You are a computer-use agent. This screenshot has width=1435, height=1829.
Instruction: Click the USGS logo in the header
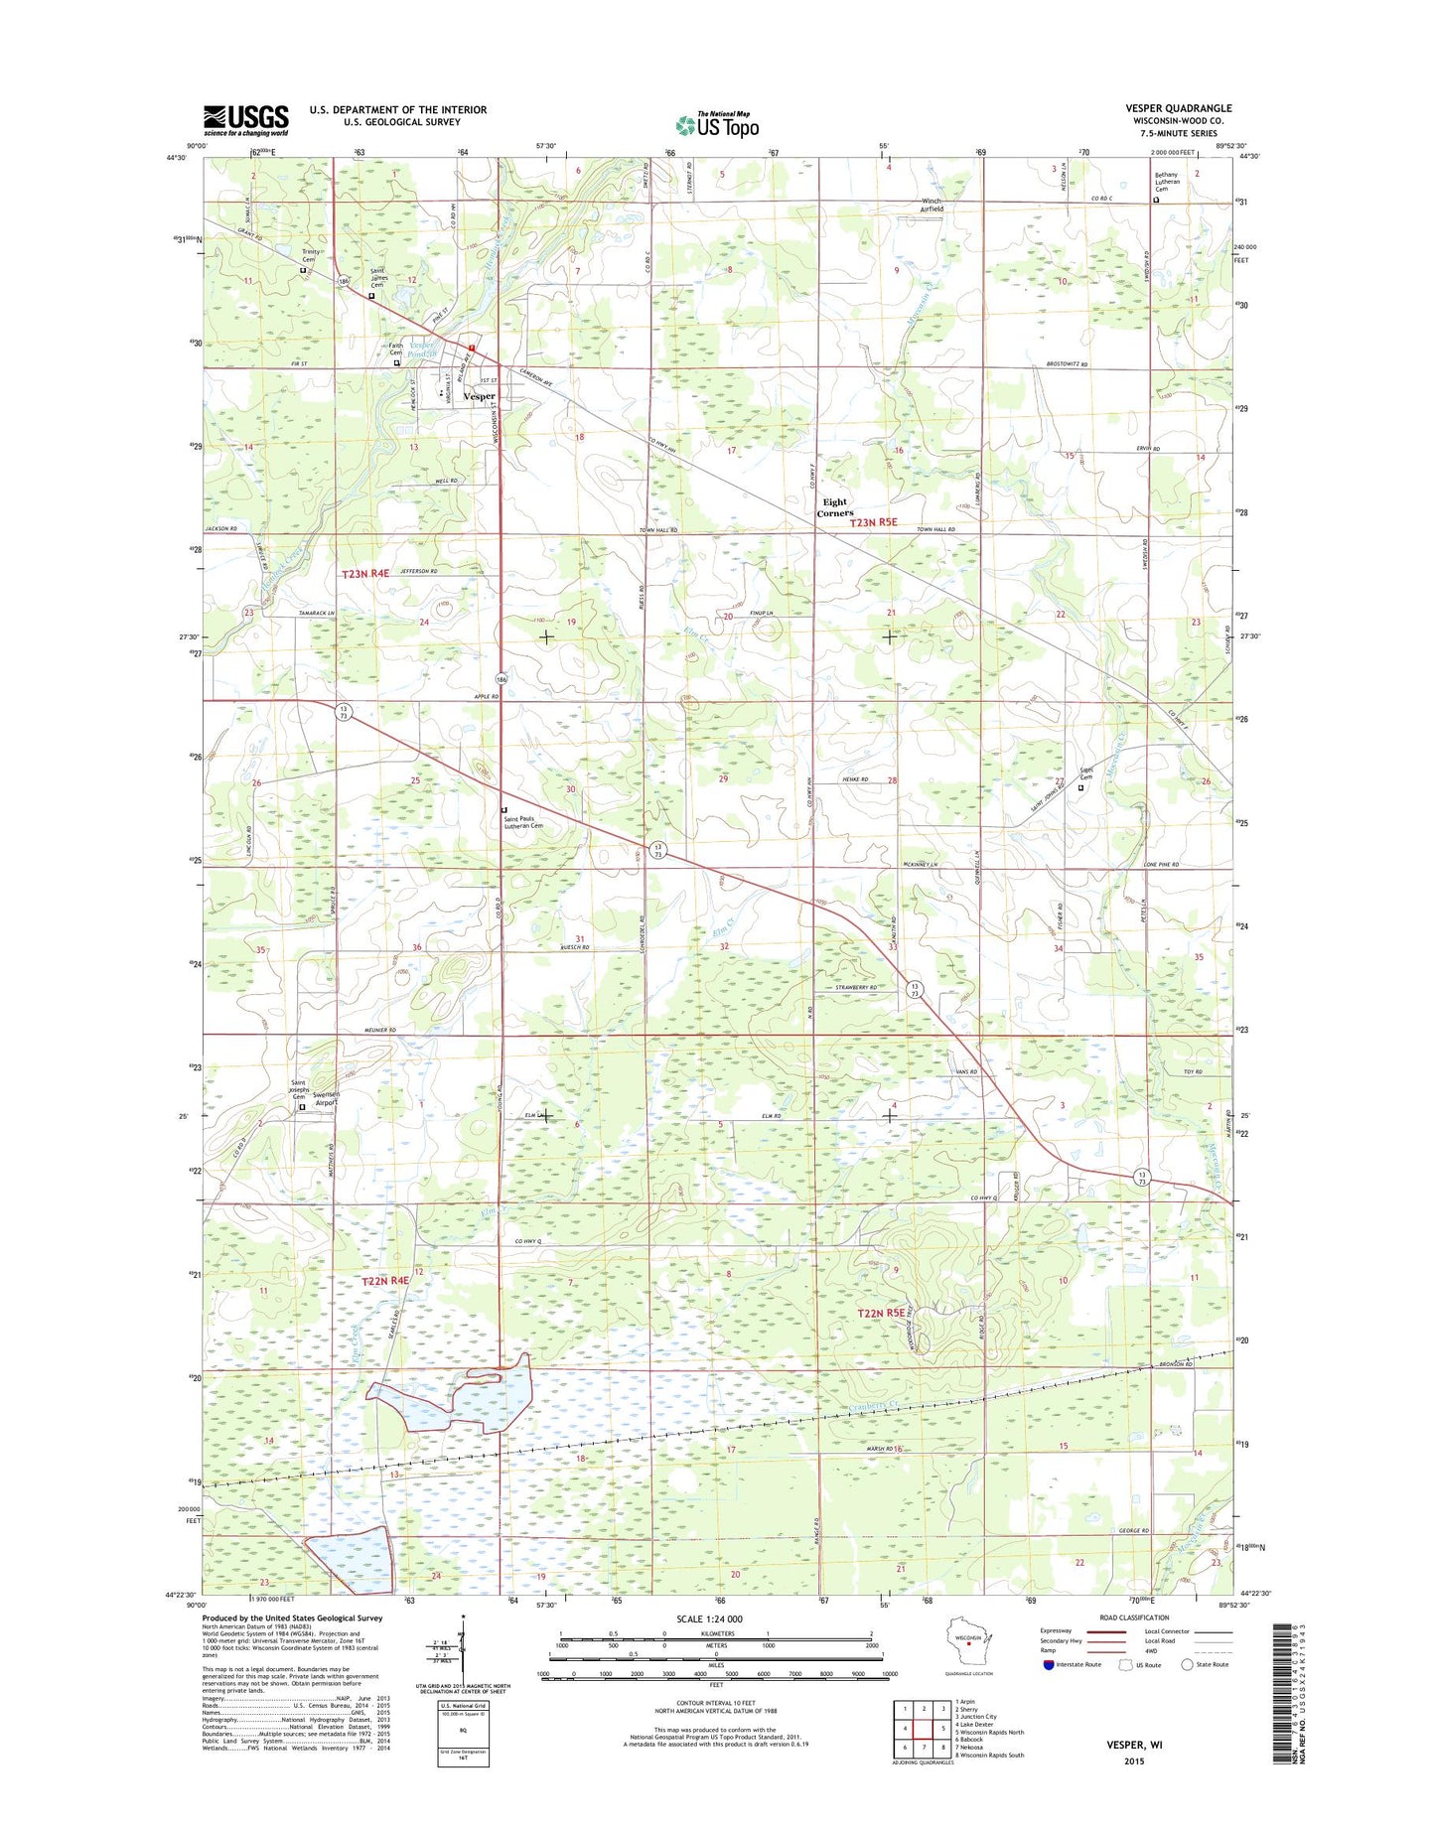pos(245,119)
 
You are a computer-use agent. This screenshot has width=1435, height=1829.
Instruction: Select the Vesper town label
pos(480,396)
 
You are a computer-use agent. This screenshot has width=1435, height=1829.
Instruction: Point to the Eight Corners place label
pos(835,508)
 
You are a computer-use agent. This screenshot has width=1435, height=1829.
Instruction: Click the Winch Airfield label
pos(931,206)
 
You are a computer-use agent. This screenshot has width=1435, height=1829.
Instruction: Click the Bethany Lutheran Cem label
pos(1181,183)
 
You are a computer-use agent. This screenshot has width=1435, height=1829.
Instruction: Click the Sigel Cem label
pos(1085,774)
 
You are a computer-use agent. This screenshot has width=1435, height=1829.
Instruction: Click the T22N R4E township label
pos(385,1281)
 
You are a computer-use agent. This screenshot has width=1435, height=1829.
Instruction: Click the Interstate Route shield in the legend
pos(1049,1664)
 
